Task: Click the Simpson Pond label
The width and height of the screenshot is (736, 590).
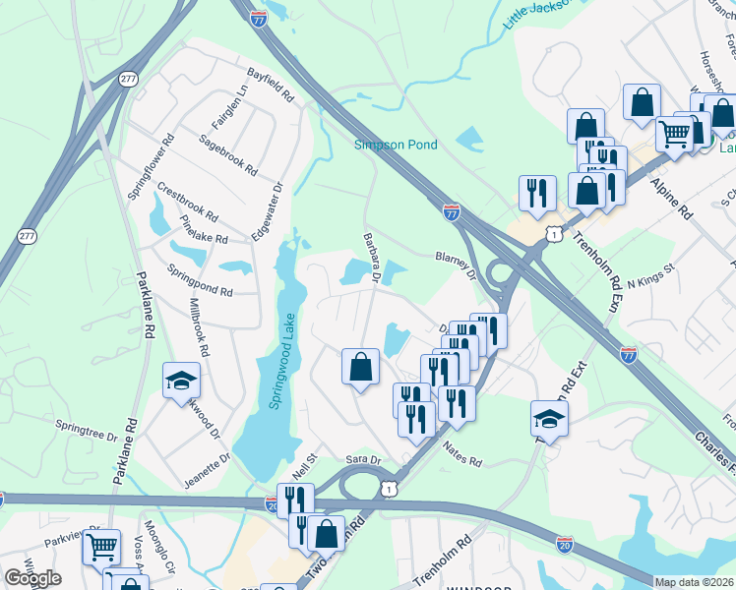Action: (x=395, y=145)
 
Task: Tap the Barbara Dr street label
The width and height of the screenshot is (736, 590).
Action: (x=371, y=258)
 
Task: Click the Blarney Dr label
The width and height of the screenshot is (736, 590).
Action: (x=456, y=266)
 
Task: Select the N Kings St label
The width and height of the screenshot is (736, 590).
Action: (x=650, y=276)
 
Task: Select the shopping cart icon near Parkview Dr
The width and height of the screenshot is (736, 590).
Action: (x=101, y=547)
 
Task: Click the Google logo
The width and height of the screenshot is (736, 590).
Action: (x=33, y=578)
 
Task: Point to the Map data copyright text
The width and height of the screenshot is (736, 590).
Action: (x=694, y=582)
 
